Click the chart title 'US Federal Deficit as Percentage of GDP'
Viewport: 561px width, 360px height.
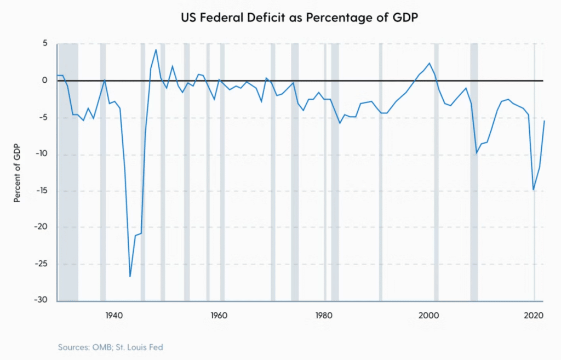click(x=300, y=18)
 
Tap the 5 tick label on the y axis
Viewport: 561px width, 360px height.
click(x=45, y=44)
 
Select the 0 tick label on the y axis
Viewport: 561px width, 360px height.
click(x=45, y=81)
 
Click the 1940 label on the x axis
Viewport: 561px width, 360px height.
click(x=113, y=316)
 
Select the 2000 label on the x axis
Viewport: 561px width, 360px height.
click(x=429, y=316)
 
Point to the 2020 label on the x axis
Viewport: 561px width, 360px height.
click(x=534, y=316)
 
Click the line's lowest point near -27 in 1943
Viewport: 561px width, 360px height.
click(x=130, y=276)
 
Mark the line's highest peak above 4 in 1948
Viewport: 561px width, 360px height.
click(x=156, y=50)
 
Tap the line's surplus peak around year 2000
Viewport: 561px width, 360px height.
click(x=430, y=63)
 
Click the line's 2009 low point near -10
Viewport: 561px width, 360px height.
click(x=477, y=153)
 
